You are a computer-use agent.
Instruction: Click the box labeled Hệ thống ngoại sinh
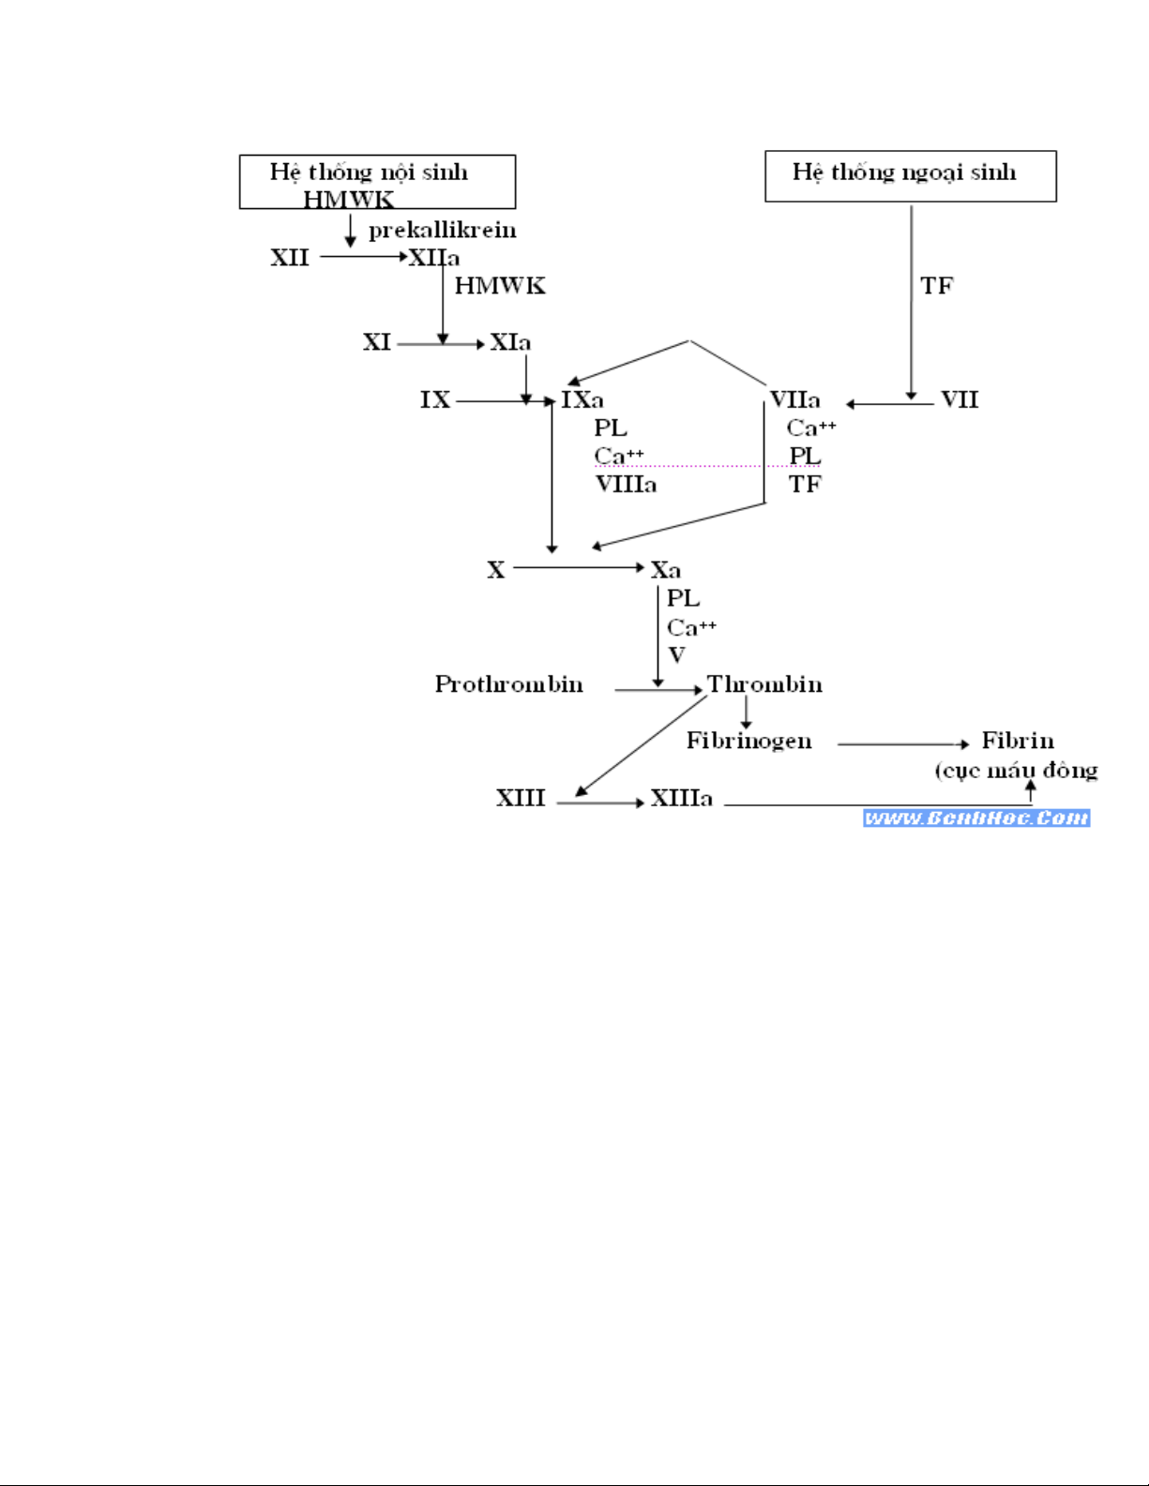coord(910,175)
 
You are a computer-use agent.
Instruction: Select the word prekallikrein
coord(442,230)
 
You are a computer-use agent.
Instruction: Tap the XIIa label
coord(433,258)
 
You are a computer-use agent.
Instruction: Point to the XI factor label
coord(377,342)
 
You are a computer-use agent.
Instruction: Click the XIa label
coord(510,342)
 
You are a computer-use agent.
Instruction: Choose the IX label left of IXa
coord(435,400)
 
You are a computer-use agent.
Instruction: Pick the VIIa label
coord(794,400)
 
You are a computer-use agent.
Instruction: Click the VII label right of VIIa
coord(960,400)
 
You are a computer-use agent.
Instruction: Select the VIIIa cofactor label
coord(626,485)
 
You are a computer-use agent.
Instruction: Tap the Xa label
coord(666,570)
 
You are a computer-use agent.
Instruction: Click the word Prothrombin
coord(508,684)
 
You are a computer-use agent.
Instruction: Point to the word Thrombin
coord(764,684)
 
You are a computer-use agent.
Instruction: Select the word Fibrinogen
coord(748,741)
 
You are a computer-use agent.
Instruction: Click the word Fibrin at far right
coord(1018,741)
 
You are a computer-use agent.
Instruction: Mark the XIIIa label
coord(682,799)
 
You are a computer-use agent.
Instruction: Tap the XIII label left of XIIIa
coord(521,799)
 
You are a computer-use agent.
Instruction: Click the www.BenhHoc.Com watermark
coord(976,818)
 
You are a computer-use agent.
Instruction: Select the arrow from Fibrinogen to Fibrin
coord(902,744)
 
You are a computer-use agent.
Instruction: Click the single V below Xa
coord(676,655)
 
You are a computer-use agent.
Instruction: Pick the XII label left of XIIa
coord(290,258)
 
